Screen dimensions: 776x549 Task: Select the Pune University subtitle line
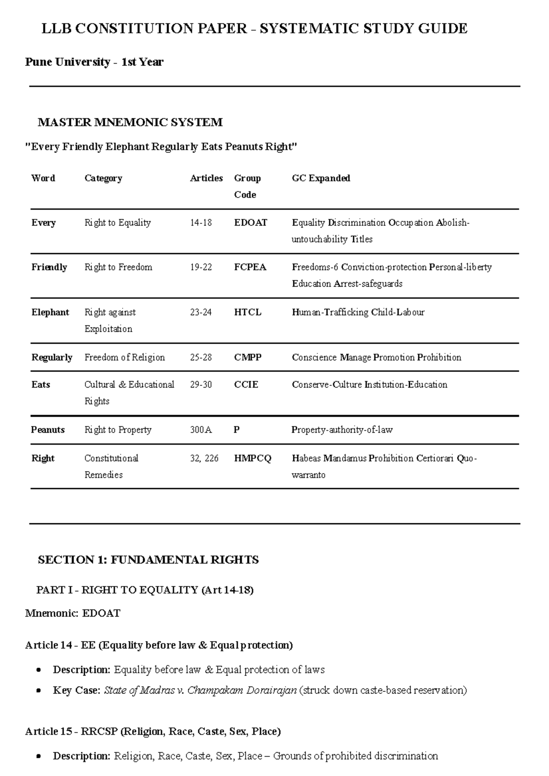pyautogui.click(x=94, y=62)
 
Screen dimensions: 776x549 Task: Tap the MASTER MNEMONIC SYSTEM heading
pyautogui.click(x=130, y=122)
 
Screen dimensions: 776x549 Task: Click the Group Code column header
pyautogui.click(x=247, y=186)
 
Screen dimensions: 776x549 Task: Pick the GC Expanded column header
pyautogui.click(x=321, y=178)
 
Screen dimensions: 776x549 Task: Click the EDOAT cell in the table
pyautogui.click(x=250, y=223)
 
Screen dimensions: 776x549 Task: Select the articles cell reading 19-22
pyautogui.click(x=201, y=267)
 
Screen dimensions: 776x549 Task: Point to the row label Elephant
pyautogui.click(x=50, y=313)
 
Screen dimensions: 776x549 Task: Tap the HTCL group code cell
pyautogui.click(x=248, y=313)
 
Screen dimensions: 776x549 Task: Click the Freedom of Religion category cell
pyautogui.click(x=124, y=358)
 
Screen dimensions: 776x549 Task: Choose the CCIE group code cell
pyautogui.click(x=246, y=385)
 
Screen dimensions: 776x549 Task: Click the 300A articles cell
pyautogui.click(x=201, y=430)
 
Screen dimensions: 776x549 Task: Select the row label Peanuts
pyautogui.click(x=48, y=430)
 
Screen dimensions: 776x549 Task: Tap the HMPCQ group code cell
pyautogui.click(x=253, y=458)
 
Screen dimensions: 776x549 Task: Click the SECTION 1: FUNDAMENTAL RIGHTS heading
pyautogui.click(x=148, y=560)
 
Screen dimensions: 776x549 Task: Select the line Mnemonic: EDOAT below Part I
pyautogui.click(x=72, y=613)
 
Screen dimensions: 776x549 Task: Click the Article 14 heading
pyautogui.click(x=159, y=645)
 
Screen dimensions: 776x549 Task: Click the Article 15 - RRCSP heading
pyautogui.click(x=153, y=732)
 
